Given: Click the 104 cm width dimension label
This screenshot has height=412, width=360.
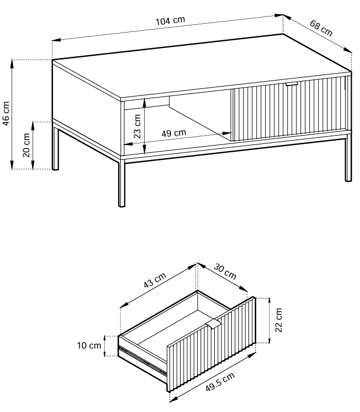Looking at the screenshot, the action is point(171,20).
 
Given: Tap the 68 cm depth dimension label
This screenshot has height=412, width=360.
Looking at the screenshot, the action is point(321,28).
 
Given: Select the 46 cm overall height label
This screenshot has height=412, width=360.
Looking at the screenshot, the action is point(6,114).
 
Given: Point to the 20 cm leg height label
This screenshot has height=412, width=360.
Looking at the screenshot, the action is point(27,145).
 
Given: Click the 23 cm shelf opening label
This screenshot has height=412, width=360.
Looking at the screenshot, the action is point(137,126).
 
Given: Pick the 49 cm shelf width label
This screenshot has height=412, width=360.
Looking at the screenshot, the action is point(174,133).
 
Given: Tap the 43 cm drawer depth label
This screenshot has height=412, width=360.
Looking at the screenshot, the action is point(155,280).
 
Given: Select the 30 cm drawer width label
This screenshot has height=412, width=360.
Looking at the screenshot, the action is point(225,271).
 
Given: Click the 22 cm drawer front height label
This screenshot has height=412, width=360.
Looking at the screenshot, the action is point(278,320).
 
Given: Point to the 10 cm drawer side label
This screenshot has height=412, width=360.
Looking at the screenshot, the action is point(89,345).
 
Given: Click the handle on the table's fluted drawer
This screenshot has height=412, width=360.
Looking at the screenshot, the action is point(292,84).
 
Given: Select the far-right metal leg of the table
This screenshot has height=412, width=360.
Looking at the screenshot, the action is point(348,158).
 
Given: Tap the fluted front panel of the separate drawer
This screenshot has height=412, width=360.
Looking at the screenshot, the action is point(211,344).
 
